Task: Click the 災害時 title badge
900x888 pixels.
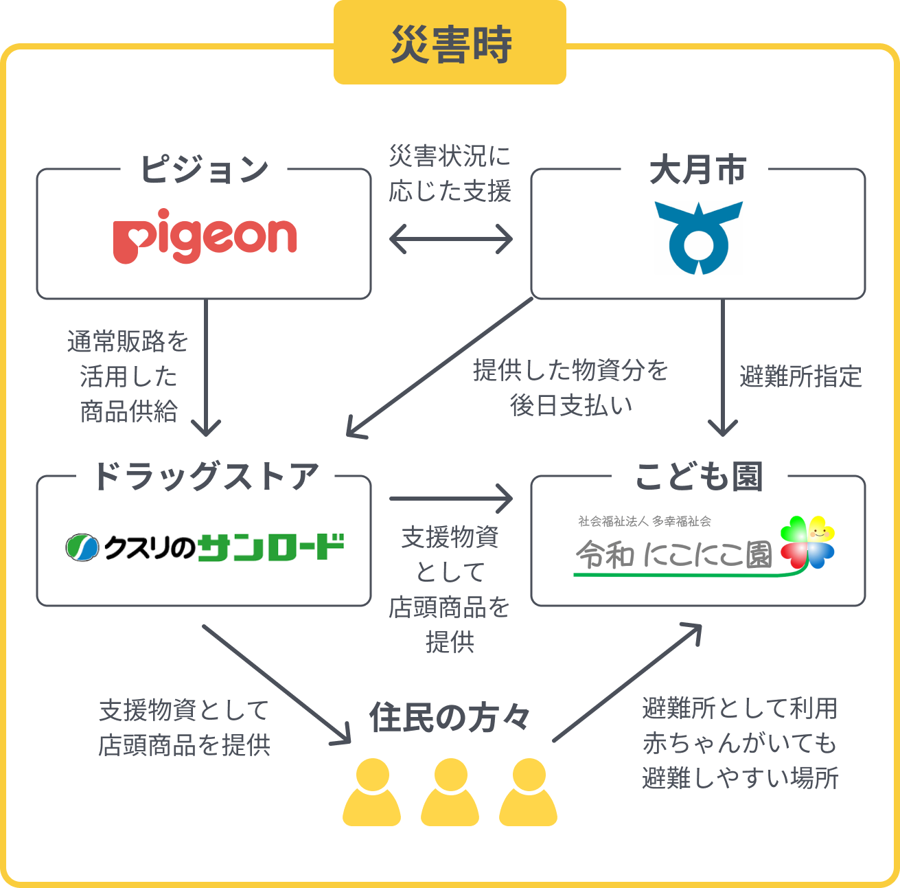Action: pos(450,45)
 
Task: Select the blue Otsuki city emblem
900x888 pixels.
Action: pos(698,237)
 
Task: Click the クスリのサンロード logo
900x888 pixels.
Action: pos(205,547)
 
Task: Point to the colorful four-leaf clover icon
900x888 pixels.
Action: pos(807,542)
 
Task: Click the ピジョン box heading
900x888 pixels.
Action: pos(204,169)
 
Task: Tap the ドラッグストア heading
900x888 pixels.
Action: pos(205,477)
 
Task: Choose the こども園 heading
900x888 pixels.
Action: pos(699,477)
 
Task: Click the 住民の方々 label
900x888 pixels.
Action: pos(450,718)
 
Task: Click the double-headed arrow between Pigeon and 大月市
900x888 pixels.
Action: pos(450,240)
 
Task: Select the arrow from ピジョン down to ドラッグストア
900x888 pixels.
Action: pos(205,367)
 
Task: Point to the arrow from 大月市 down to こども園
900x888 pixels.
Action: pos(722,367)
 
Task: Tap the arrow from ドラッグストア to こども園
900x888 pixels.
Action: pos(450,499)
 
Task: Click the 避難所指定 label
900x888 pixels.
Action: pos(800,376)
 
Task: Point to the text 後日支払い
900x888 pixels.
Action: pos(571,406)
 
